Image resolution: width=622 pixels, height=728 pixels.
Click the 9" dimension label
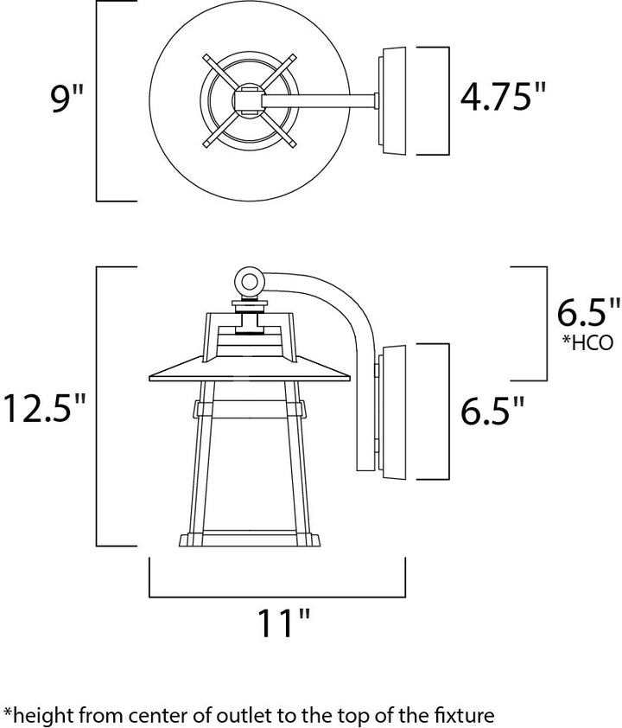tap(67, 99)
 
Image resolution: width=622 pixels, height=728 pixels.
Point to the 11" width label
tap(283, 623)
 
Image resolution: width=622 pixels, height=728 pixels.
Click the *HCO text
tap(587, 342)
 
